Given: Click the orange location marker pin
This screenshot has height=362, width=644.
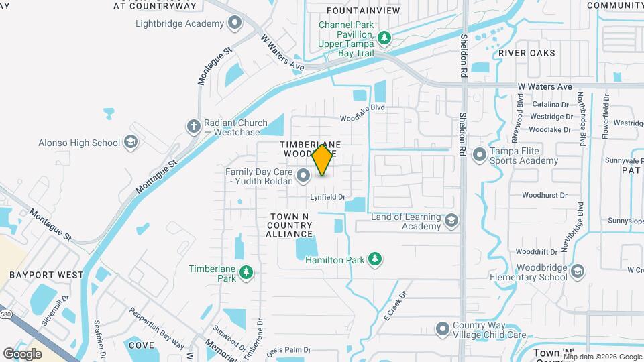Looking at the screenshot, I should click(x=323, y=160).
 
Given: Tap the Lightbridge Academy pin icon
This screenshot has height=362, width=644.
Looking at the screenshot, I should click(x=235, y=24).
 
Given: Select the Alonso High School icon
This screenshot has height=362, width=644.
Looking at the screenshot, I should click(x=131, y=143).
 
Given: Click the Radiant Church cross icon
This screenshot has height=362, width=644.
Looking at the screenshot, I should click(x=193, y=126).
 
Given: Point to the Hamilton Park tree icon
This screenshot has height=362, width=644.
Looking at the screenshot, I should click(x=376, y=259).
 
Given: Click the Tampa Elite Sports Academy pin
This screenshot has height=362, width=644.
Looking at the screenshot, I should click(x=479, y=156).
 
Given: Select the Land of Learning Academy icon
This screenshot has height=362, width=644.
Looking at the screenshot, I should click(x=452, y=221).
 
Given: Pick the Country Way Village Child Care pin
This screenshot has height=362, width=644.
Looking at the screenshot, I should click(x=442, y=329).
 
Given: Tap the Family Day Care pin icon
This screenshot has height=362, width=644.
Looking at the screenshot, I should click(x=303, y=176).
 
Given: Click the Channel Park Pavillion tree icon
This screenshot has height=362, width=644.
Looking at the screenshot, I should click(x=384, y=38).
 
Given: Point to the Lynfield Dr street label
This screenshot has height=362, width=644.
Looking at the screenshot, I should click(x=327, y=197).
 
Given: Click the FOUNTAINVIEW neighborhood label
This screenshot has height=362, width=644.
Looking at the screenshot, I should click(x=363, y=11).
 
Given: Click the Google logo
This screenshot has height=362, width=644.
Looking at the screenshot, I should click(x=23, y=353).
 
